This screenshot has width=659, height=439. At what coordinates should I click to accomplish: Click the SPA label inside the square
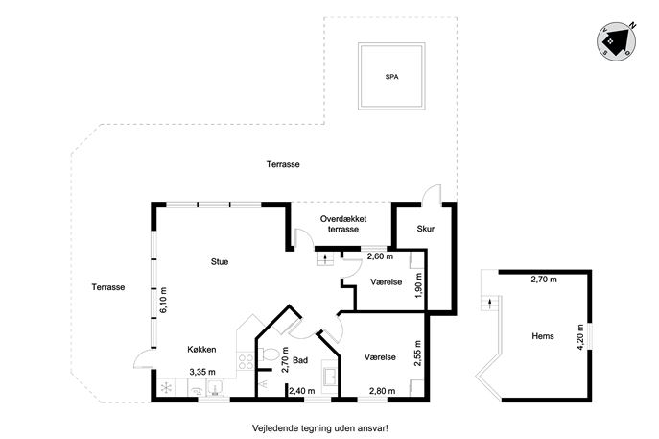pyautogui.click(x=391, y=77)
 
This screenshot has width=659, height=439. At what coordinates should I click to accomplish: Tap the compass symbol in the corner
pyautogui.click(x=617, y=41)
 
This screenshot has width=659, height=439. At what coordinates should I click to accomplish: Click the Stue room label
pyautogui.click(x=220, y=262)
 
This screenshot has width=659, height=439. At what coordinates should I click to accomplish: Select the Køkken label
pyautogui.click(x=201, y=350)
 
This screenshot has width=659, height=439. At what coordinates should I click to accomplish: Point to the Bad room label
pyautogui.click(x=300, y=360)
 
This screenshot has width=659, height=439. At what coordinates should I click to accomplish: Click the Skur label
pyautogui.click(x=425, y=229)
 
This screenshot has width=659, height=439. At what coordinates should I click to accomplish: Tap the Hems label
pyautogui.click(x=543, y=336)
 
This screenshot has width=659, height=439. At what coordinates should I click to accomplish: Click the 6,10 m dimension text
pyautogui.click(x=163, y=300)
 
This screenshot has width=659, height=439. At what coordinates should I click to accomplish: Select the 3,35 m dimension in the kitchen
pyautogui.click(x=202, y=372)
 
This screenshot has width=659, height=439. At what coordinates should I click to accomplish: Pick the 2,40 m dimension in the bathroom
pyautogui.click(x=302, y=391)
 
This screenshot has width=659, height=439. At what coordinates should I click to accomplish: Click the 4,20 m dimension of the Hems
pyautogui.click(x=580, y=337)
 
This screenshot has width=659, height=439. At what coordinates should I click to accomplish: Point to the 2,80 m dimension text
pyautogui.click(x=382, y=391)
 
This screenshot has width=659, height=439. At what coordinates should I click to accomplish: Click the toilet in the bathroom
pyautogui.click(x=268, y=354)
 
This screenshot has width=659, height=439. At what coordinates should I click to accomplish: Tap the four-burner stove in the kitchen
pyautogui.click(x=246, y=361)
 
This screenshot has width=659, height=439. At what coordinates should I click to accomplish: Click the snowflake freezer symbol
pyautogui.click(x=167, y=388)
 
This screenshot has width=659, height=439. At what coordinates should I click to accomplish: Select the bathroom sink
pyautogui.click(x=330, y=377)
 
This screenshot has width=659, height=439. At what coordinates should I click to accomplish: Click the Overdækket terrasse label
pyautogui.click(x=343, y=224)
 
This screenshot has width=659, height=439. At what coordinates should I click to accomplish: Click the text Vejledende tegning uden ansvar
pyautogui.click(x=319, y=428)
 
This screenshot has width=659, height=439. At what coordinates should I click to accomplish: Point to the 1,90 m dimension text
pyautogui.click(x=418, y=285)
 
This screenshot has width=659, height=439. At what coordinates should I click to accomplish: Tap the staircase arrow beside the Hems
pyautogui.click(x=489, y=303)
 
